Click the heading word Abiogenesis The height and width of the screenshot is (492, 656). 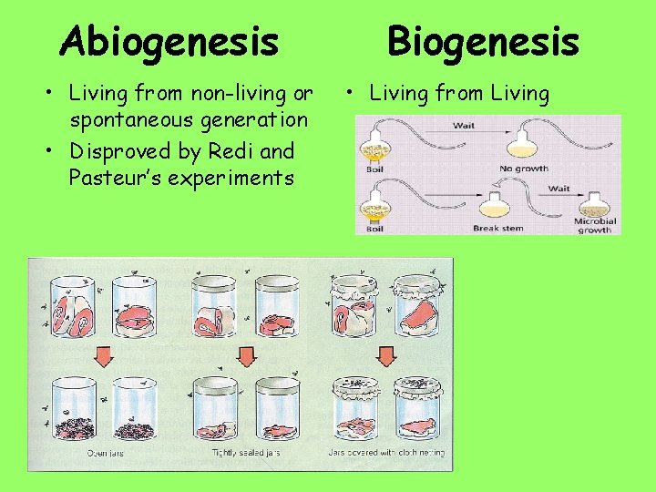[169, 40]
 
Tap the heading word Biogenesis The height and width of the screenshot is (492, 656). [483, 40]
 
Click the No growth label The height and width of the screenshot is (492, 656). [524, 169]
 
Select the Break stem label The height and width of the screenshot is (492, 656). [498, 228]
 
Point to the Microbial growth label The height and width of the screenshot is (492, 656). [595, 224]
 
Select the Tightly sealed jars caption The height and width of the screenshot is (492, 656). [246, 453]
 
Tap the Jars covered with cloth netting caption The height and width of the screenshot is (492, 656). [386, 453]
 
